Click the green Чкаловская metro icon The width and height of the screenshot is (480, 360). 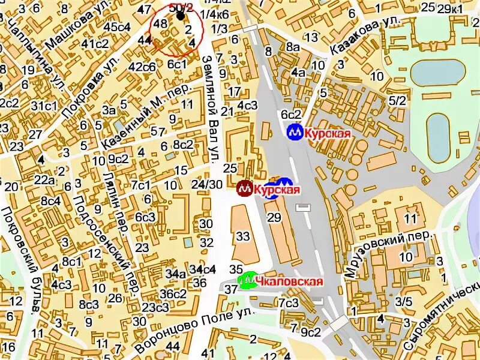coord(247,280)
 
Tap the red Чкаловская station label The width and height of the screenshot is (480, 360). coord(289,281)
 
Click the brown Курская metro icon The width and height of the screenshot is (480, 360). coord(244,189)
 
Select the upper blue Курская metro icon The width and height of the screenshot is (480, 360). coord(294,132)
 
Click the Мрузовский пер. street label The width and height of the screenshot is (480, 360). coord(388,254)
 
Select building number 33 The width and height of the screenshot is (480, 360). coord(242,236)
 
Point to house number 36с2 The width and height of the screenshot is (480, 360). coord(173,294)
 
